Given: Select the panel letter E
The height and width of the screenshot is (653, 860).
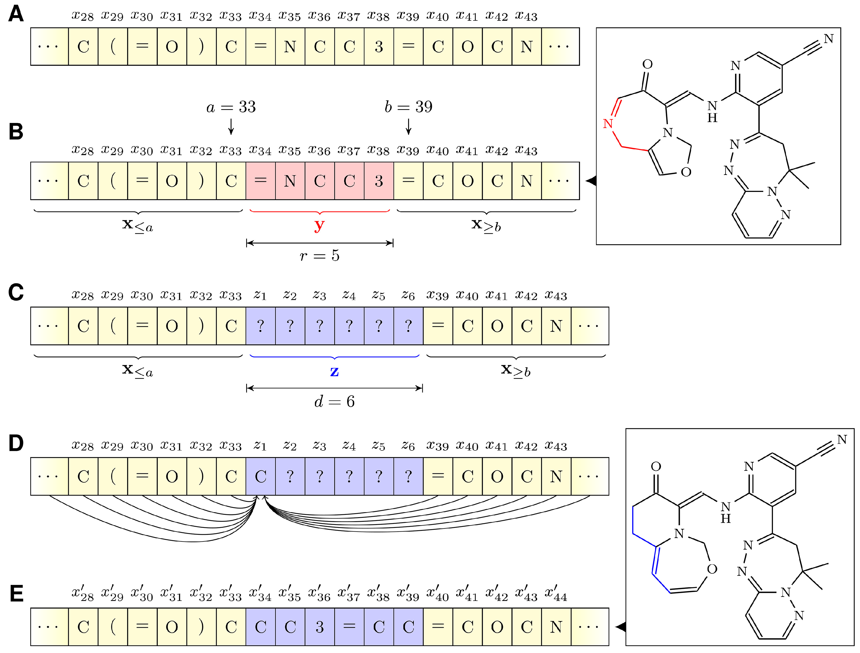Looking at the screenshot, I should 16,594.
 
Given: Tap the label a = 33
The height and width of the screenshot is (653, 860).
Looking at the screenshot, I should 231,107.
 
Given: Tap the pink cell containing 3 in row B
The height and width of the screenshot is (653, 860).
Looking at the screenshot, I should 379,181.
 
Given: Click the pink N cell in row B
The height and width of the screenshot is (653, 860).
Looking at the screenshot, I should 290,181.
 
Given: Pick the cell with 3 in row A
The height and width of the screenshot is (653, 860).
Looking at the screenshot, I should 379,47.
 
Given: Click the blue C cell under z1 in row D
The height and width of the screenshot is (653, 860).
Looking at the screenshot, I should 261,477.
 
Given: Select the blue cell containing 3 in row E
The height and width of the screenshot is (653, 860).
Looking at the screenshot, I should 320,627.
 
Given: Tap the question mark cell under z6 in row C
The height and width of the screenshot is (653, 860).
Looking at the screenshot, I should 408,326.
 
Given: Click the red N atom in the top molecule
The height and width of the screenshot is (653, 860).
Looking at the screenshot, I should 608,124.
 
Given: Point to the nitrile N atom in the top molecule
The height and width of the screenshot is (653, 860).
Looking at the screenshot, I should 829,39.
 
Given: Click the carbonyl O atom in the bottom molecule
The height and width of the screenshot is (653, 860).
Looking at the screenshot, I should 656,466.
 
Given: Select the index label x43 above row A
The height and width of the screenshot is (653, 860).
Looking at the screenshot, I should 526,16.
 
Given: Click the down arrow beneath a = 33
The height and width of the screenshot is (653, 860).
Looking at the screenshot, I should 231,127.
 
